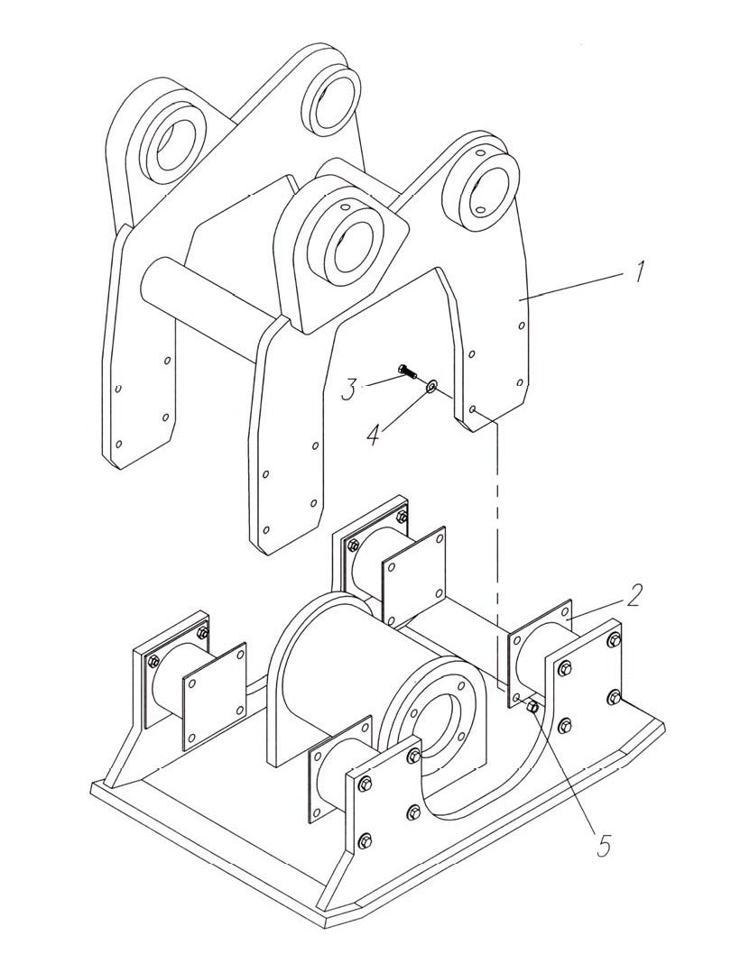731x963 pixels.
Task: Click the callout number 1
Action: click(x=638, y=271)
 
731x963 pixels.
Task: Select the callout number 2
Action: click(x=635, y=595)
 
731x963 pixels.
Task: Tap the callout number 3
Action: click(x=349, y=390)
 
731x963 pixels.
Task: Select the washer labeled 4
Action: click(x=431, y=386)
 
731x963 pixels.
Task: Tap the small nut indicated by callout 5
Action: click(x=532, y=708)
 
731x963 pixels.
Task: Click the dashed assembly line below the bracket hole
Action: click(x=496, y=541)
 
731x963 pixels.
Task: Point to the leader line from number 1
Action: click(x=578, y=284)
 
